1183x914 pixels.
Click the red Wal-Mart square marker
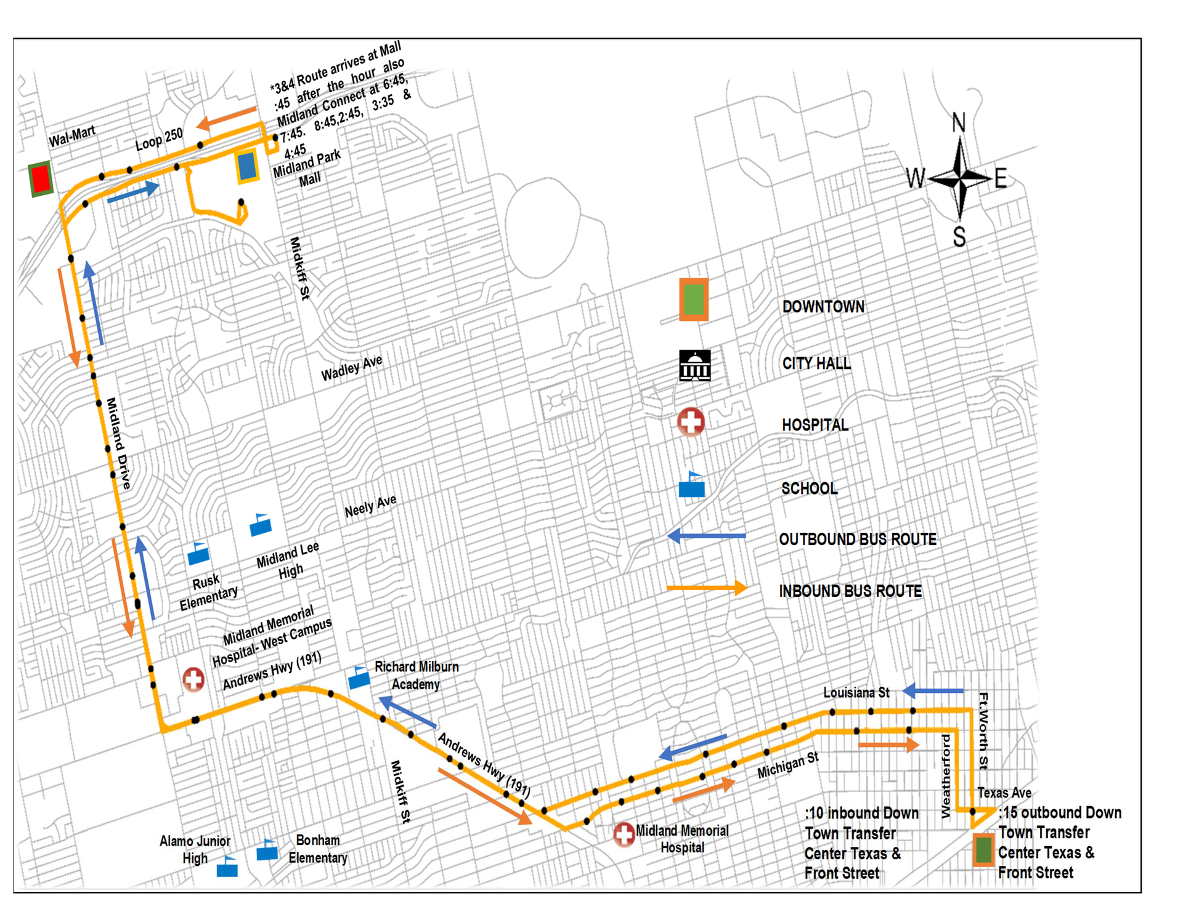(41, 179)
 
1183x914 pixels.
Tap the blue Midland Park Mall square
(247, 166)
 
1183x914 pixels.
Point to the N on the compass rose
(958, 123)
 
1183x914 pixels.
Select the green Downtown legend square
(694, 299)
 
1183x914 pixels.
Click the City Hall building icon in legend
(694, 366)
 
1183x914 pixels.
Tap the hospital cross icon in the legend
(691, 422)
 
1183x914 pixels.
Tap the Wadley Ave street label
(351, 368)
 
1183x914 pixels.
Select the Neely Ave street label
(370, 506)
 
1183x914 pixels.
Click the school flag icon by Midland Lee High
(261, 525)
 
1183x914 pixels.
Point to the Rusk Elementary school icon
(198, 554)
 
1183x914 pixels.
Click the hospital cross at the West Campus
(193, 679)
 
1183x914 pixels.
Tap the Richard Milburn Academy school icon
(359, 678)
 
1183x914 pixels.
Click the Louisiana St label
(856, 693)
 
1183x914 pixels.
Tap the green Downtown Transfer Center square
(983, 850)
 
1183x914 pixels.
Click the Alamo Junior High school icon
(227, 867)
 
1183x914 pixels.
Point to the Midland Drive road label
(118, 443)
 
